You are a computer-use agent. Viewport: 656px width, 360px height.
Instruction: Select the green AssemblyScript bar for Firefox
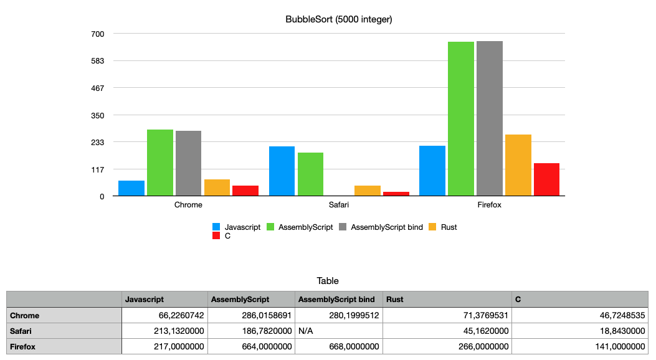coord(461,118)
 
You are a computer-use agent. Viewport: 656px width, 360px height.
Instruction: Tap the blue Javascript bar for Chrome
coord(131,188)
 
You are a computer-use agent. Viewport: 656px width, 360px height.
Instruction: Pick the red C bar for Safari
coord(396,194)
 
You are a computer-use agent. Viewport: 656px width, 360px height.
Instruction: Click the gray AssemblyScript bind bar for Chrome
coord(188,163)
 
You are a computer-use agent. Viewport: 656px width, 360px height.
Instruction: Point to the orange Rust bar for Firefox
coord(518,165)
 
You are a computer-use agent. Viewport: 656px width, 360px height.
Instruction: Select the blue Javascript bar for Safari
coord(282,171)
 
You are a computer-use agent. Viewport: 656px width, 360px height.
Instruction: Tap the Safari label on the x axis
coord(339,204)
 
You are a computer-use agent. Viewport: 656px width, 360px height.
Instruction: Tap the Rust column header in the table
coord(447,300)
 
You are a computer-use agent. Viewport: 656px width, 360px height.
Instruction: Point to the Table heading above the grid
coord(328,281)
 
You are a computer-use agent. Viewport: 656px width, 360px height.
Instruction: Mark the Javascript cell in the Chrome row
coord(165,315)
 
